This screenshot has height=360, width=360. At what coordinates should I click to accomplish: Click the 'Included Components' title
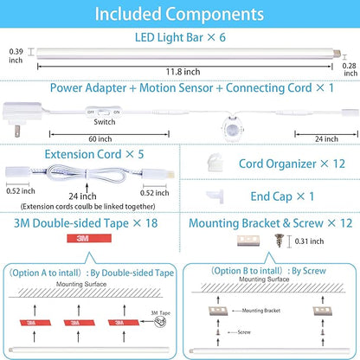(179, 14)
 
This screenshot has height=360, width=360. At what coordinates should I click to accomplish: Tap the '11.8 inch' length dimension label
(183, 72)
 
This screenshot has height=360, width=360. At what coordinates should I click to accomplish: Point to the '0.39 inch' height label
(16, 55)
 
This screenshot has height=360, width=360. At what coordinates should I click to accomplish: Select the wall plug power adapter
(22, 118)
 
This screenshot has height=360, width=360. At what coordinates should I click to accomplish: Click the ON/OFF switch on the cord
(104, 112)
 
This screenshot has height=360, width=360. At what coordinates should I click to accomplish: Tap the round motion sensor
(233, 129)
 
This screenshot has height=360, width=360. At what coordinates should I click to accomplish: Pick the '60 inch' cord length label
(100, 139)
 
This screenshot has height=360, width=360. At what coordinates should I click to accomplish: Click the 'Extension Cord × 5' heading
(94, 154)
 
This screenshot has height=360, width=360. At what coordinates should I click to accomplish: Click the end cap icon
(215, 196)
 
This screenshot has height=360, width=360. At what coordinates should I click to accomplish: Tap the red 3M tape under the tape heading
(89, 238)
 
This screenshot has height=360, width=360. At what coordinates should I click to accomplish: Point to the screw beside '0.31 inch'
(279, 241)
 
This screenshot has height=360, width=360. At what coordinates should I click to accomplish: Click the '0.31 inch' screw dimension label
(309, 241)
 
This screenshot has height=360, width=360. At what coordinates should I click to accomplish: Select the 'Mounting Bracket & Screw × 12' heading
(271, 223)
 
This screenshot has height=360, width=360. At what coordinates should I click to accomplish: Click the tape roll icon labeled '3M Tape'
(160, 322)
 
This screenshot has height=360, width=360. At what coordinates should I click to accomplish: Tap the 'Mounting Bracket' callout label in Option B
(261, 311)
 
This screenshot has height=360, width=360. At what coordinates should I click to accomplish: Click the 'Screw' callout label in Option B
(244, 332)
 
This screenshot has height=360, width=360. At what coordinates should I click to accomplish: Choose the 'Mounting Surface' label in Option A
(81, 284)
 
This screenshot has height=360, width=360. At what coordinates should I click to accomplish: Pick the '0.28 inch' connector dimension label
(350, 69)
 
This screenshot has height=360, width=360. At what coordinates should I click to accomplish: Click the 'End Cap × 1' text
(282, 196)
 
